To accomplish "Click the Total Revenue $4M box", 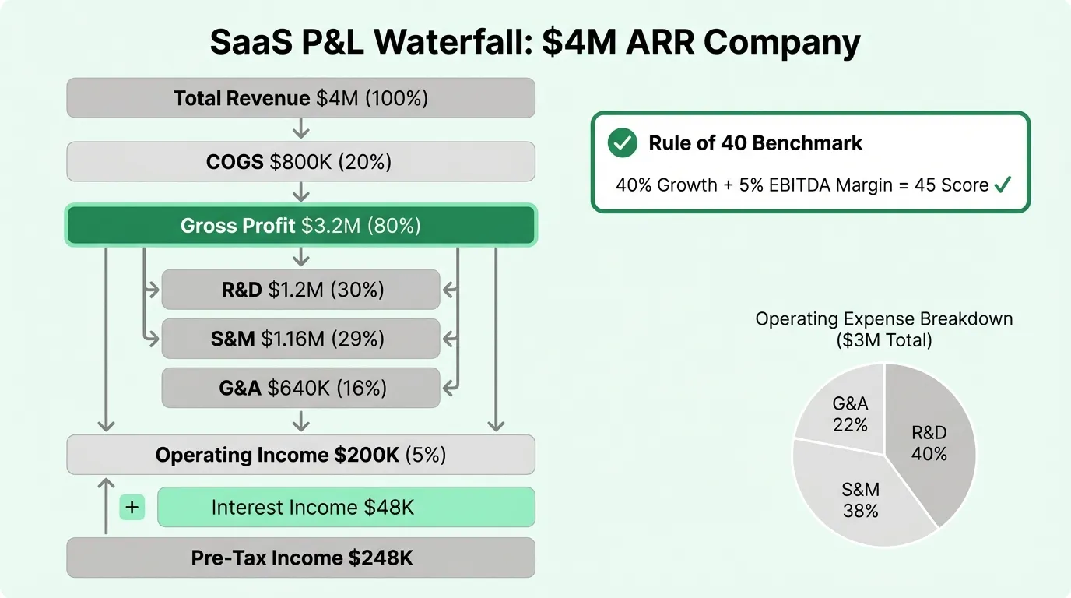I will tap(300, 98).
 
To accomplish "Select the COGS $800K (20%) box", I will tap(300, 162).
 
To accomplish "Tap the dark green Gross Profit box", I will tap(300, 226).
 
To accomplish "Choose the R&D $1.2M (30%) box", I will tap(300, 290).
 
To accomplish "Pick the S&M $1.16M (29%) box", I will tap(300, 339).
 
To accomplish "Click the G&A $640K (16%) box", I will tap(300, 388).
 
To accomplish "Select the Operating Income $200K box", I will tap(300, 455).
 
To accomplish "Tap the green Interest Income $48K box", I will tap(346, 508).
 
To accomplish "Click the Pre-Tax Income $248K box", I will tap(300, 558).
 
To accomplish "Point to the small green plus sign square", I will tap(132, 508).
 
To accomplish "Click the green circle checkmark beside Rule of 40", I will tap(621, 143).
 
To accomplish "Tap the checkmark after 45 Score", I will tap(1003, 185).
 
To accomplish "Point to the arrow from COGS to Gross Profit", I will tap(300, 193).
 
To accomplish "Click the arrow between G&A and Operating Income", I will tap(300, 420).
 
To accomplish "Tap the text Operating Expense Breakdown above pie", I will tap(884, 319).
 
